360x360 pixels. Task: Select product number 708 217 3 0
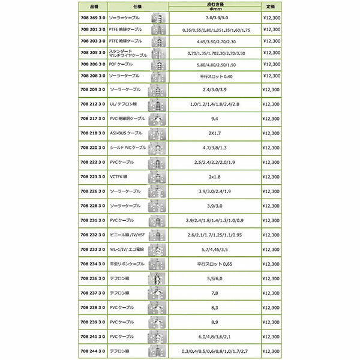pos(92,119)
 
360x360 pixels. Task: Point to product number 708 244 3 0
pos(92,350)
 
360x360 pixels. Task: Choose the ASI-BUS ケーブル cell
pos(126,132)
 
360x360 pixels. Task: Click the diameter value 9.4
pos(214,119)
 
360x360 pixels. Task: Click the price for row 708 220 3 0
pos(271,148)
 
